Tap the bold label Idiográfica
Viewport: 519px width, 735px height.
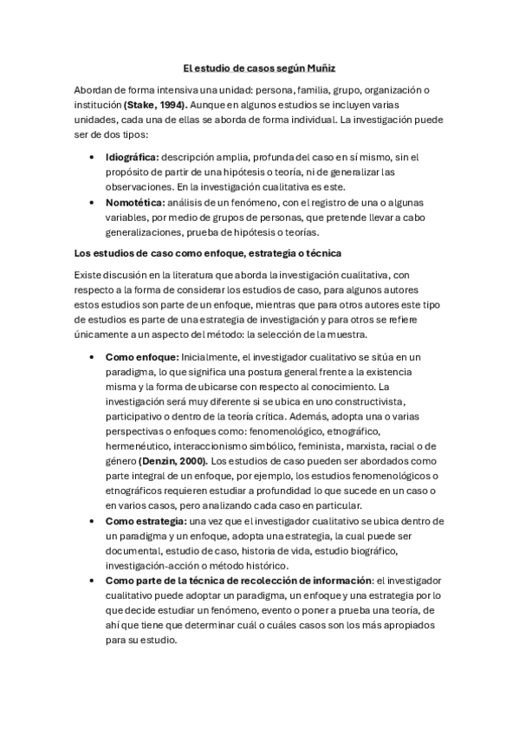133,157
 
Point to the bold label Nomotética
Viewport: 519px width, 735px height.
133,202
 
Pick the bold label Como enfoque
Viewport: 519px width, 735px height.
142,356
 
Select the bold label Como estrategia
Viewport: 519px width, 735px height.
146,521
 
